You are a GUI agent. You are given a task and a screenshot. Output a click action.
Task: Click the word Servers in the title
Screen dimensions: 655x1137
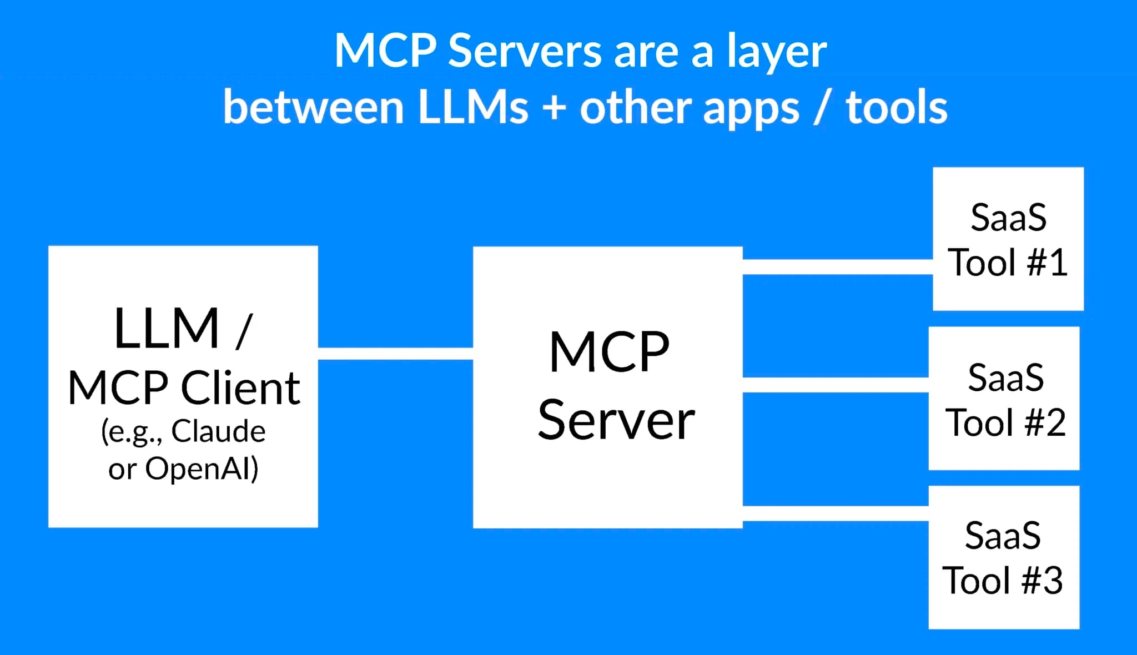[525, 51]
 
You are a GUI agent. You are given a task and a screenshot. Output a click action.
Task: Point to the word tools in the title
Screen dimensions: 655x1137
[896, 108]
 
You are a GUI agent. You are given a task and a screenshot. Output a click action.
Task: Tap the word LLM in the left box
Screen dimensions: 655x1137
[167, 329]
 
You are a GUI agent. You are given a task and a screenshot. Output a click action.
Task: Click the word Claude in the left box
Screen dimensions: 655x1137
[218, 431]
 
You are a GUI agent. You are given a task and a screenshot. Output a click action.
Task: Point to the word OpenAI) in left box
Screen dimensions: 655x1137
[202, 468]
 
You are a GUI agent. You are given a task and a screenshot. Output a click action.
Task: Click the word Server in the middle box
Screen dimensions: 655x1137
[616, 420]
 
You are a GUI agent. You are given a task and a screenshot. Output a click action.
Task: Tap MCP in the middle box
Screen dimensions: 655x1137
[609, 352]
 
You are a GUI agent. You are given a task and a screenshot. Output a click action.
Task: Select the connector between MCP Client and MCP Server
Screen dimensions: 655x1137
[395, 354]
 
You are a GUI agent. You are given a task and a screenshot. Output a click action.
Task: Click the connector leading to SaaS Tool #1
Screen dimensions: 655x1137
[837, 267]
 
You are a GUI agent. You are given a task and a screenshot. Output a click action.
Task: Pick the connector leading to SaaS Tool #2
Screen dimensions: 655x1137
[835, 385]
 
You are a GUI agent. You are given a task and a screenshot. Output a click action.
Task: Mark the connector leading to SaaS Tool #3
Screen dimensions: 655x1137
[835, 513]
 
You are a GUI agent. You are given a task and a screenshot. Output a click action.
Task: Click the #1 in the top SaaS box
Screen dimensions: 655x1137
[1047, 263]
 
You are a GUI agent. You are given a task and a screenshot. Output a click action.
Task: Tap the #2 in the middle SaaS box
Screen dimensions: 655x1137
[1045, 423]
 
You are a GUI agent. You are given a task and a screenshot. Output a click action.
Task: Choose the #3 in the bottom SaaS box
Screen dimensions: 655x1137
[1042, 581]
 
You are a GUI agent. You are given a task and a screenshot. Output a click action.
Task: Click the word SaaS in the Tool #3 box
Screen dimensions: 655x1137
[1003, 536]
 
